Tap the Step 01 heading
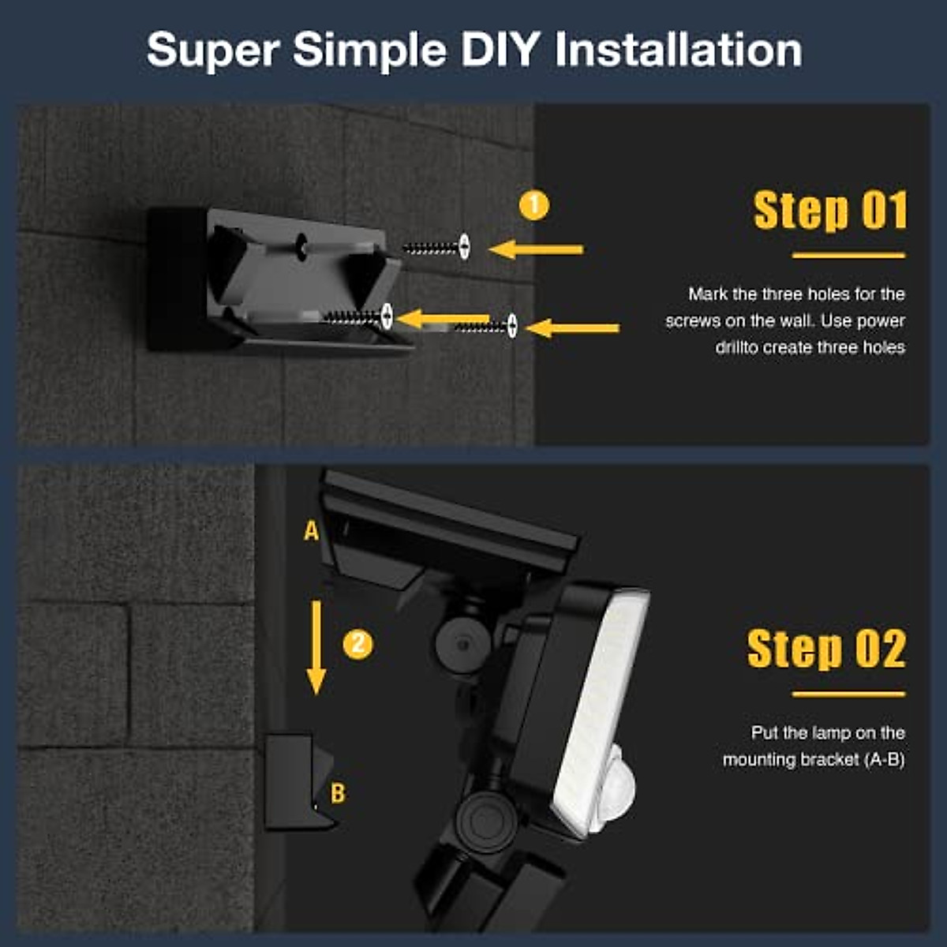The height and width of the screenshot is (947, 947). [x=830, y=211]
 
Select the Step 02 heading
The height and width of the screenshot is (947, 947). [x=826, y=649]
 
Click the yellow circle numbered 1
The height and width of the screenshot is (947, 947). [x=534, y=206]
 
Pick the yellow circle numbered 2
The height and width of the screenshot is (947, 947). [x=357, y=644]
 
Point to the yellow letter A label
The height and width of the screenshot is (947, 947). [x=312, y=531]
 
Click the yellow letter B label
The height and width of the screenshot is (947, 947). [x=338, y=793]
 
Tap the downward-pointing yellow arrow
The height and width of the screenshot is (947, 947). [x=316, y=647]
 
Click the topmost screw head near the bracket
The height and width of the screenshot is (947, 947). [x=465, y=246]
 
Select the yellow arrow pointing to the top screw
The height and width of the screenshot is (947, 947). [x=537, y=249]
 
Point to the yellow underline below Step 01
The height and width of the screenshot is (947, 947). [x=848, y=255]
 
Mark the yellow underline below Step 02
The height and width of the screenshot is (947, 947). [x=848, y=694]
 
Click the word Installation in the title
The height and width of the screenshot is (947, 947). [x=679, y=51]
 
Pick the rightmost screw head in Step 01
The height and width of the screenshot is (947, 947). [x=512, y=325]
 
